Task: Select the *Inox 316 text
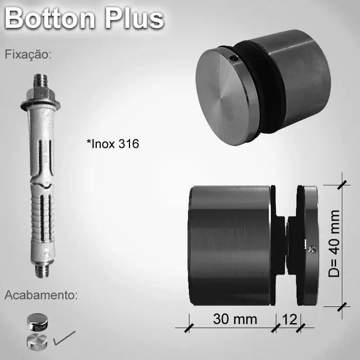coord(112,144)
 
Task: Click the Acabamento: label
coord(41,296)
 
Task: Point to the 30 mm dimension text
coord(235,319)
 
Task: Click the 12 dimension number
coord(288,319)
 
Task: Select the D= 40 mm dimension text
coord(333,243)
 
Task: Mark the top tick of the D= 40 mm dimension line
coord(342,184)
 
